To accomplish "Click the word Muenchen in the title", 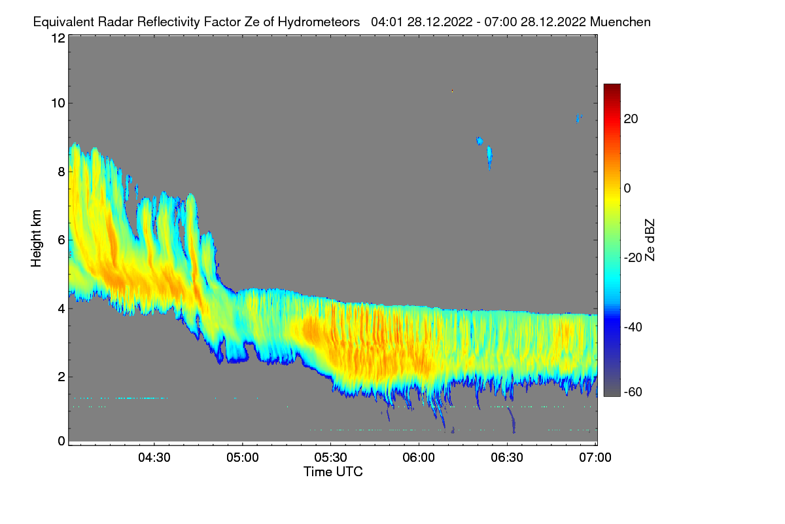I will pyautogui.click(x=620, y=22).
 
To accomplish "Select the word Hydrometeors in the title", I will pyautogui.click(x=319, y=22).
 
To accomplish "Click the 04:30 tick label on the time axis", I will pyautogui.click(x=154, y=457).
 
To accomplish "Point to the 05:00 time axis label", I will pyautogui.click(x=243, y=457).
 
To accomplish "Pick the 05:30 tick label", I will pyautogui.click(x=331, y=457).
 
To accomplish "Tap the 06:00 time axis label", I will pyautogui.click(x=419, y=457).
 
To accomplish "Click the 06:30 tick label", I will pyautogui.click(x=508, y=457).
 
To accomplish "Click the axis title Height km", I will pyautogui.click(x=37, y=239).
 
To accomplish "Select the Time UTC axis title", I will pyautogui.click(x=333, y=472).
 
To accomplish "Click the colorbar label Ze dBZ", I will pyautogui.click(x=650, y=239).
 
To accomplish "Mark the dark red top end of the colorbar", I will pyautogui.click(x=612, y=86).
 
